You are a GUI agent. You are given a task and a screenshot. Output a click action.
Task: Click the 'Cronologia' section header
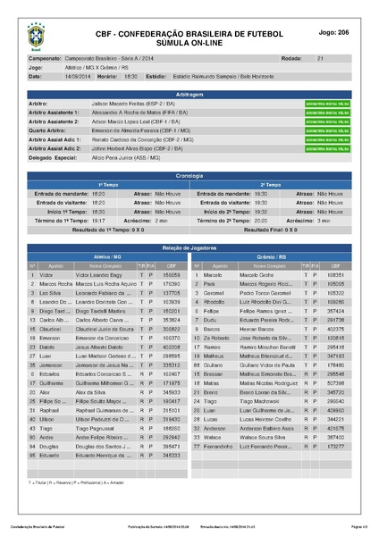(x=189, y=177)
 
